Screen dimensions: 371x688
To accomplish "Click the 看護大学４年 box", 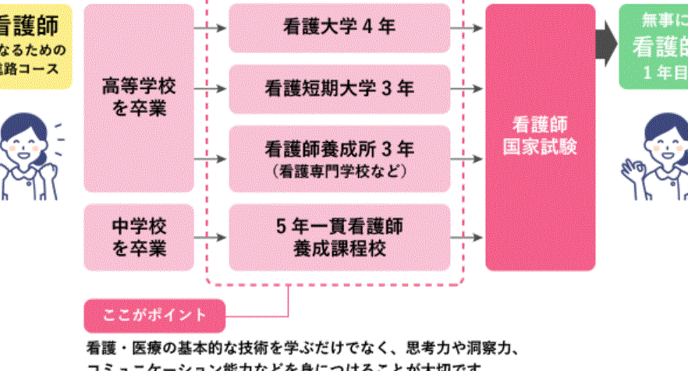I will click(x=339, y=28).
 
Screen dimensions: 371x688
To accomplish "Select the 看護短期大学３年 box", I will click(x=339, y=89).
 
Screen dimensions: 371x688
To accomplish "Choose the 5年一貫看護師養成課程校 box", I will click(x=339, y=237).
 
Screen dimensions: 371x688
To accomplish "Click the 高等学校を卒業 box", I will click(x=139, y=97).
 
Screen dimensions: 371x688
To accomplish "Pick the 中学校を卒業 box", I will click(x=139, y=237).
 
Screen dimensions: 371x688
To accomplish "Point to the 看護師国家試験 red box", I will click(x=540, y=136).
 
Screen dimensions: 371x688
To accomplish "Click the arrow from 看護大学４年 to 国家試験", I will click(x=467, y=28).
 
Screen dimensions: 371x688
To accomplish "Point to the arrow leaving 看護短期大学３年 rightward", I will click(x=467, y=89).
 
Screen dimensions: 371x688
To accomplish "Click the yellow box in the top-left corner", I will click(x=31, y=43).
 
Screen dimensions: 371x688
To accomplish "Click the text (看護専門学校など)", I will click(x=339, y=169).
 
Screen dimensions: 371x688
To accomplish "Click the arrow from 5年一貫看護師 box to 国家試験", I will click(x=467, y=237).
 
